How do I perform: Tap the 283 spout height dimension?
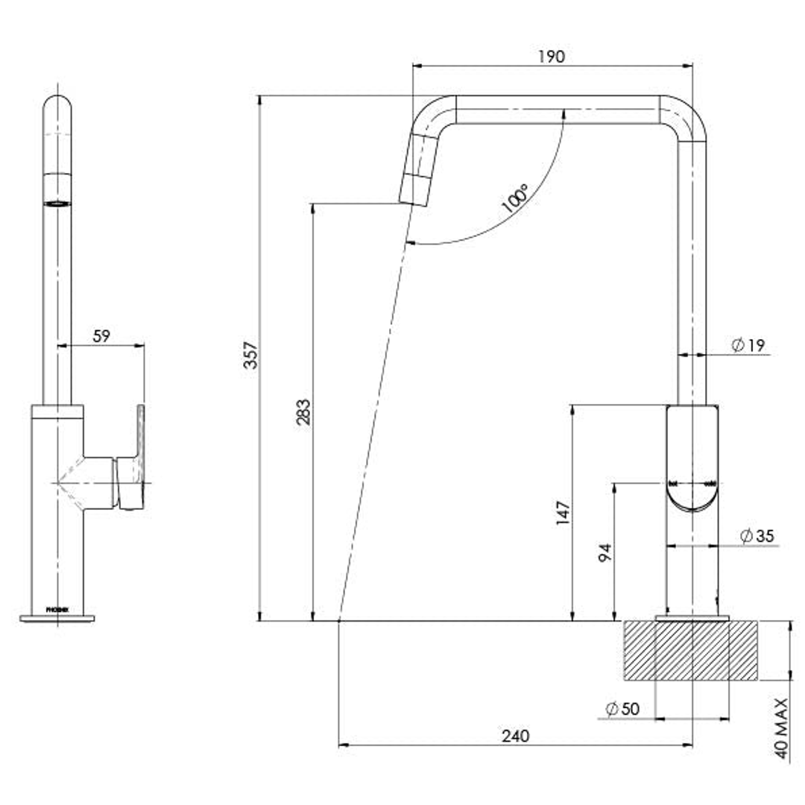[x=303, y=412]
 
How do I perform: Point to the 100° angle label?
[x=515, y=199]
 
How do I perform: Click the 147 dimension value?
[x=563, y=514]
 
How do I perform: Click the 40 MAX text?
[x=781, y=727]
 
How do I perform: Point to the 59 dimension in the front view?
[x=101, y=336]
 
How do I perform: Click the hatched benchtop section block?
[x=691, y=650]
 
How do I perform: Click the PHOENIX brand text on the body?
[x=57, y=609]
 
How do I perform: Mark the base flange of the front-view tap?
[x=57, y=618]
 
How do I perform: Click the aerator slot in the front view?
[x=57, y=202]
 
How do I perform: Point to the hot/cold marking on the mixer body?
[x=691, y=484]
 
